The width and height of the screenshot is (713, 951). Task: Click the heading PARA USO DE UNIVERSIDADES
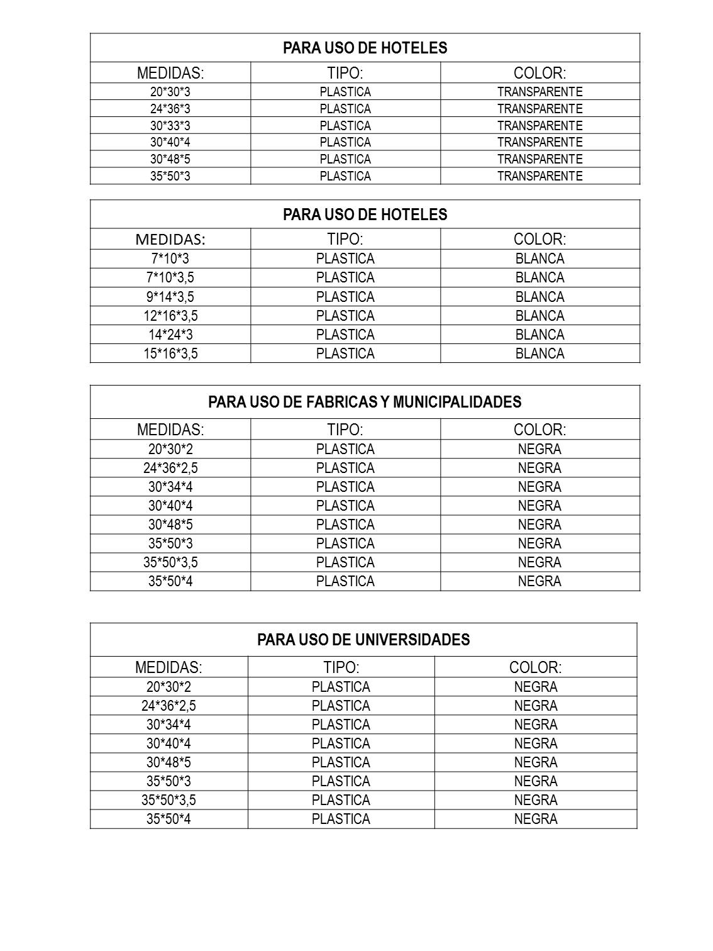pos(363,640)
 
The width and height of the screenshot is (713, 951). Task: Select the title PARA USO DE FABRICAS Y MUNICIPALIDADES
pos(365,402)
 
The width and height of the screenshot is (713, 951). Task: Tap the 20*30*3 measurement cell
pos(170,92)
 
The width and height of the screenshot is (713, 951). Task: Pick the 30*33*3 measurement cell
pos(170,126)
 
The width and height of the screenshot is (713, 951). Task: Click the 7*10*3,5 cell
pos(170,277)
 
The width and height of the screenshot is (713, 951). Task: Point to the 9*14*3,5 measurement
pos(170,297)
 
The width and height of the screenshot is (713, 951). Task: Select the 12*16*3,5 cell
pos(170,316)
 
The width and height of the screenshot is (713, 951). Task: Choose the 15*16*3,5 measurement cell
pos(170,353)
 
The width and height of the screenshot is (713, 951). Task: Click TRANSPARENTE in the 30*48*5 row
pos(539,159)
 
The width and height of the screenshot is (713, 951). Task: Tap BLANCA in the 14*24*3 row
pos(539,335)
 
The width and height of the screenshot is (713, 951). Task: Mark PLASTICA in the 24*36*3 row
pos(345,109)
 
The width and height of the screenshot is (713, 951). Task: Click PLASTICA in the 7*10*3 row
pos(345,259)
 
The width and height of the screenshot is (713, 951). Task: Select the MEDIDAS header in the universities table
pos(169,667)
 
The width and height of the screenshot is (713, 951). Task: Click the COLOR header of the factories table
pos(539,430)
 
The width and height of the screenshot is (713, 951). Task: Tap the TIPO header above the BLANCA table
pos(345,239)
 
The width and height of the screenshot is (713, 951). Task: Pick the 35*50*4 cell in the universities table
pos(169,819)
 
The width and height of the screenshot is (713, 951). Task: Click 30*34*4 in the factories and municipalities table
pos(170,487)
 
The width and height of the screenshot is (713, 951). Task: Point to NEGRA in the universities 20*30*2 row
pos(536,687)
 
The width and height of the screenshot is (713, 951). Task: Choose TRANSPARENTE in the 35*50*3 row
pos(539,176)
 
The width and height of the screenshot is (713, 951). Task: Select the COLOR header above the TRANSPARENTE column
pos(539,73)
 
